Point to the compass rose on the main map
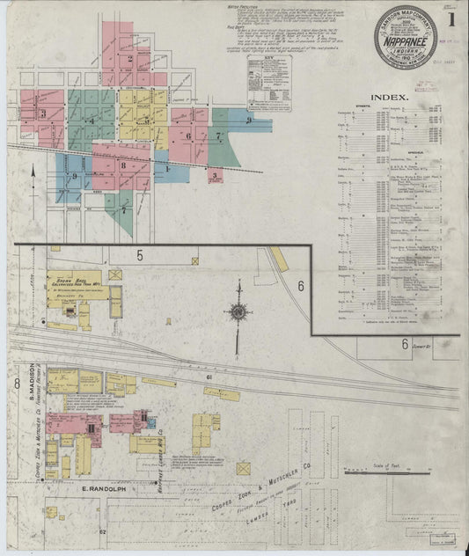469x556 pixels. point(238,311)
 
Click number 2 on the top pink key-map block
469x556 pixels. point(130,60)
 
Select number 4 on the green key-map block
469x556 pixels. point(92,120)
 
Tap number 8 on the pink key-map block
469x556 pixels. point(123,165)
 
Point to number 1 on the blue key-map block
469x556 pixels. point(167,167)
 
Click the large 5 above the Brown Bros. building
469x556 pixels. point(139,255)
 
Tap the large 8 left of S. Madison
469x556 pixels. point(16,384)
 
